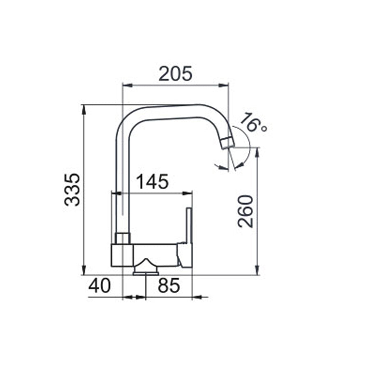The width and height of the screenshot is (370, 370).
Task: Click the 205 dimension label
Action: pyautogui.click(x=175, y=74)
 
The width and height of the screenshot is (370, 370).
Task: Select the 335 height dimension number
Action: pyautogui.click(x=72, y=190)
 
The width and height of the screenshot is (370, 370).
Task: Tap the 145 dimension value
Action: pyautogui.click(x=153, y=181)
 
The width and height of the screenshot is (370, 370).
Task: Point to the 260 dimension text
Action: pyautogui.click(x=245, y=211)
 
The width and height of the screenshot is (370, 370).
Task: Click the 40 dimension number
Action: pyautogui.click(x=99, y=285)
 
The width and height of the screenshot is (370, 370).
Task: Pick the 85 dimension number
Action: pyautogui.click(x=169, y=285)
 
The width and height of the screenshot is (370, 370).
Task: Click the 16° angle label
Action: pyautogui.click(x=253, y=123)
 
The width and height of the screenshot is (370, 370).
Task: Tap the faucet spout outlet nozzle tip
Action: pyautogui.click(x=227, y=143)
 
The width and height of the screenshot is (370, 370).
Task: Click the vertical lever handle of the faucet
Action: pyautogui.click(x=189, y=225)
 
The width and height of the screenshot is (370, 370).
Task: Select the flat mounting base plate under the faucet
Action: pyautogui.click(x=146, y=273)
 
